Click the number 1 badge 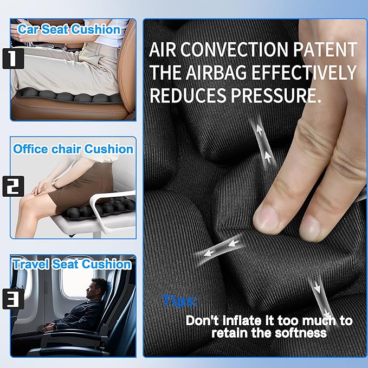point(9,58)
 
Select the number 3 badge point(9,299)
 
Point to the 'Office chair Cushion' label point(73,149)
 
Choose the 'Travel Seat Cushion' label point(72,264)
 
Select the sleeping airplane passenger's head point(99,287)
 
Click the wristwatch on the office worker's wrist point(54,185)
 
